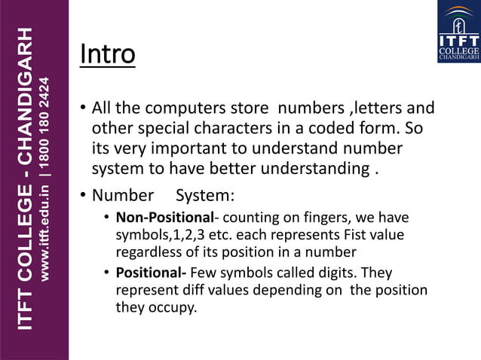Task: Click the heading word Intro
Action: pos(107,55)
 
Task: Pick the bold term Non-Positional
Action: pos(164,218)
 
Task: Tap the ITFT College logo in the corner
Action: pos(458,32)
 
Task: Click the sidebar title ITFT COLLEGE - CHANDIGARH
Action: pos(25,179)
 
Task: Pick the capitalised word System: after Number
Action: pos(204,196)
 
